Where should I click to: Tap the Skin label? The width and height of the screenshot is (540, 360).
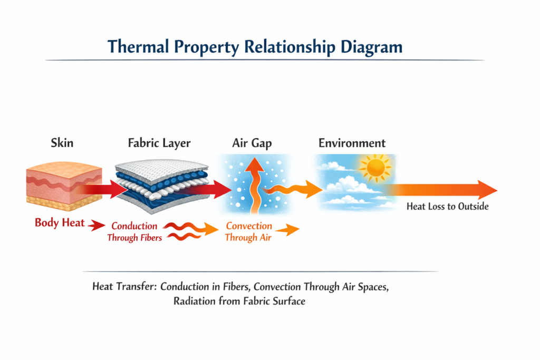[62, 143]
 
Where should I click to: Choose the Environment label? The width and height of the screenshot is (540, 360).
[352, 143]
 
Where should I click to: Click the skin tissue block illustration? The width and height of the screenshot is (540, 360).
[64, 186]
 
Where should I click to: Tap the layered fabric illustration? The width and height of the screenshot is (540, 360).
[162, 186]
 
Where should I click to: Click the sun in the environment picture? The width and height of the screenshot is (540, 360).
[375, 168]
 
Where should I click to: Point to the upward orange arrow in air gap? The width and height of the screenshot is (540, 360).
[255, 186]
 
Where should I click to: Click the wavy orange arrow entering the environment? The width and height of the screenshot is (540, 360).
[293, 189]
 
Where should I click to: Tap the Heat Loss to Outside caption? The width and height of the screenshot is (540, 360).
[447, 206]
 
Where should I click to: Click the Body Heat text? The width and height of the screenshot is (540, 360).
[60, 222]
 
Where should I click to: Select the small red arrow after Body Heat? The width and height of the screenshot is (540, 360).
[97, 226]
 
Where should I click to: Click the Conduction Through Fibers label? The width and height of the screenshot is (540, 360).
[134, 231]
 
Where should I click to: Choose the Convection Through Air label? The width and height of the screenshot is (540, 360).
[248, 231]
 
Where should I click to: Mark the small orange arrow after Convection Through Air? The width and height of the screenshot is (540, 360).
[287, 230]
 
